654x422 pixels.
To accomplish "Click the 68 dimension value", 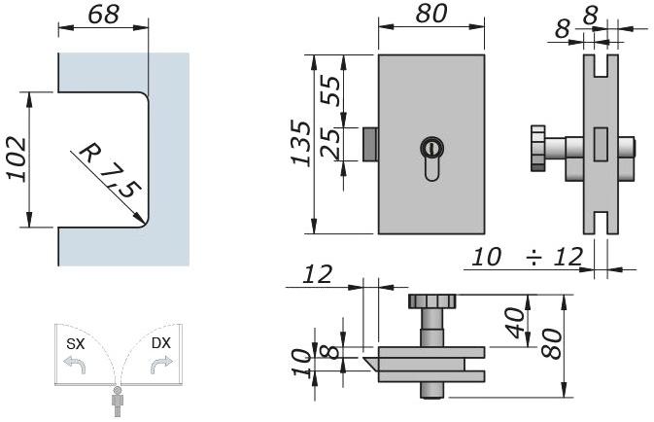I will pyautogui.click(x=104, y=17).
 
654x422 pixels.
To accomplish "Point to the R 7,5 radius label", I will pyautogui.click(x=107, y=171).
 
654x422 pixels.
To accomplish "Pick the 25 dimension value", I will pyautogui.click(x=331, y=145).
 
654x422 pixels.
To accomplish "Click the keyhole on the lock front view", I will pyautogui.click(x=430, y=151).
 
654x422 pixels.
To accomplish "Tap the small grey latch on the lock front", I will pyautogui.click(x=370, y=145).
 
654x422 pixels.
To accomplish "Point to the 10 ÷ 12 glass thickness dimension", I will pyautogui.click(x=528, y=257).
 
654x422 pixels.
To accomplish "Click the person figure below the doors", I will pyautogui.click(x=119, y=401).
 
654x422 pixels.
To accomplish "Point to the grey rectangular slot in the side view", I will pyautogui.click(x=600, y=144).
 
